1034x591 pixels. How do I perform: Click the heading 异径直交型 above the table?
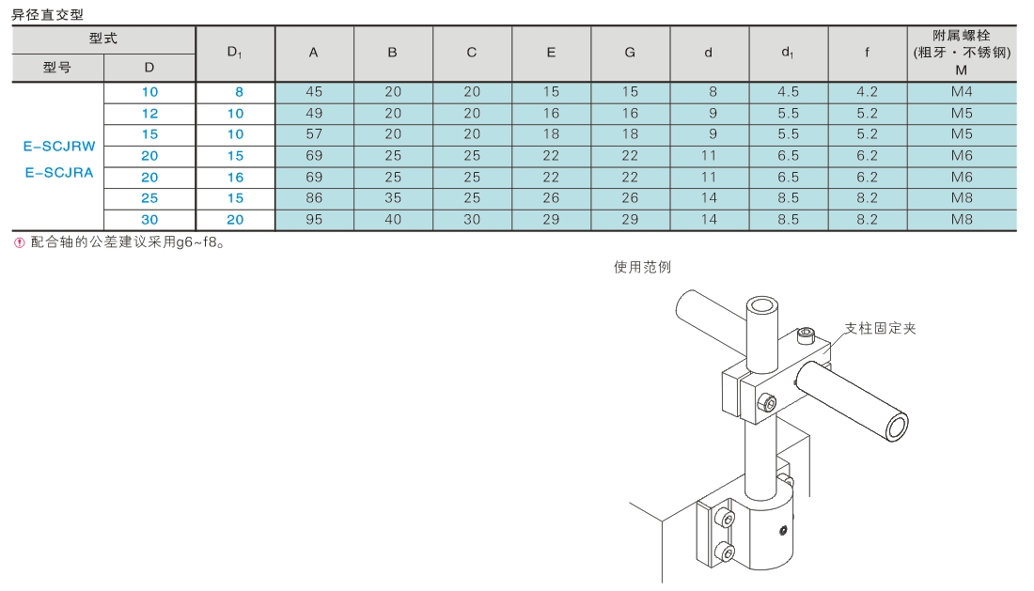click(x=48, y=14)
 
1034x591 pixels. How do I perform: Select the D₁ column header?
click(x=235, y=52)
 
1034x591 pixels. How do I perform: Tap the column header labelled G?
click(x=630, y=53)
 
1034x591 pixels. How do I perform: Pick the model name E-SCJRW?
click(x=59, y=147)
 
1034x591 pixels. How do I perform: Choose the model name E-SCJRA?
click(x=59, y=173)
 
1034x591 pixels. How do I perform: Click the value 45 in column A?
click(x=314, y=91)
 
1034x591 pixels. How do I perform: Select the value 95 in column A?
click(x=314, y=220)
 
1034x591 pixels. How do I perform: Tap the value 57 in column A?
click(x=314, y=134)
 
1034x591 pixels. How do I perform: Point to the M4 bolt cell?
click(x=962, y=91)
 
